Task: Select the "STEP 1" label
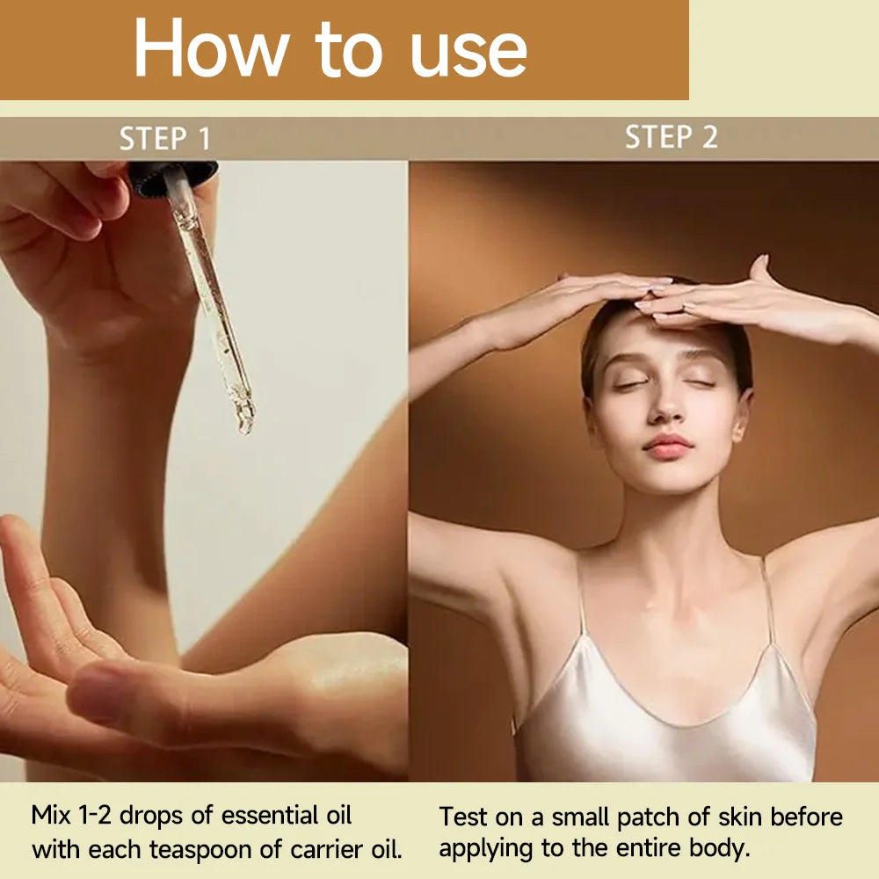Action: click(x=165, y=139)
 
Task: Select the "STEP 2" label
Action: click(x=671, y=137)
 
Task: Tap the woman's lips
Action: click(x=668, y=446)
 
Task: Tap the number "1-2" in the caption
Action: click(x=95, y=816)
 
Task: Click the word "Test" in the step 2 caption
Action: click(x=463, y=817)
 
